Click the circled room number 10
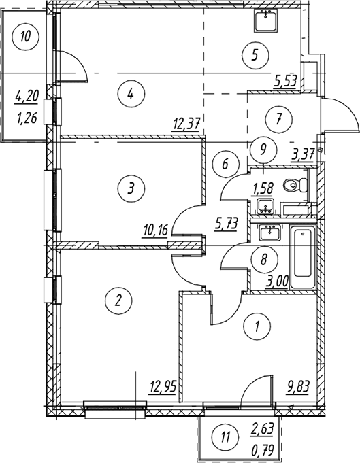click(26, 37)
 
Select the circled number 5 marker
click(255, 55)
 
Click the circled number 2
click(118, 301)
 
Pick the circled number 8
click(264, 260)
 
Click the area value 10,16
click(155, 230)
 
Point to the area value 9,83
click(297, 387)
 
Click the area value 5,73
click(225, 224)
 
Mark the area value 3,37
click(303, 154)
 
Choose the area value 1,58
click(261, 188)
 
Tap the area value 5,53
click(285, 80)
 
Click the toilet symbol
click(295, 186)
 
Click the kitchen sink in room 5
click(265, 20)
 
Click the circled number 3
click(131, 188)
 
